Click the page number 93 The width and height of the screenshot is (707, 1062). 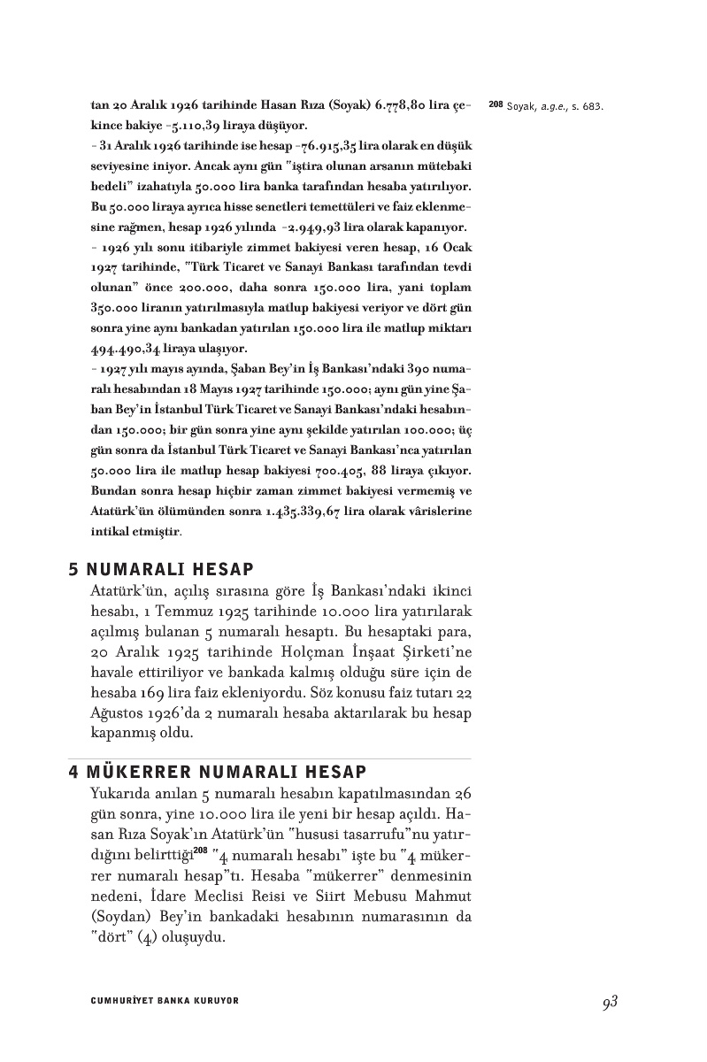[x=608, y=1002]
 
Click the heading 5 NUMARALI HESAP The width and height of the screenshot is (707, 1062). [x=161, y=569]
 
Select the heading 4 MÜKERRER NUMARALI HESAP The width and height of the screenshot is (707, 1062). [x=218, y=772]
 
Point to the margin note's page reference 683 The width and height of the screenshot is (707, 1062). [x=594, y=107]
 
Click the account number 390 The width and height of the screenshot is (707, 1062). [x=422, y=369]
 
